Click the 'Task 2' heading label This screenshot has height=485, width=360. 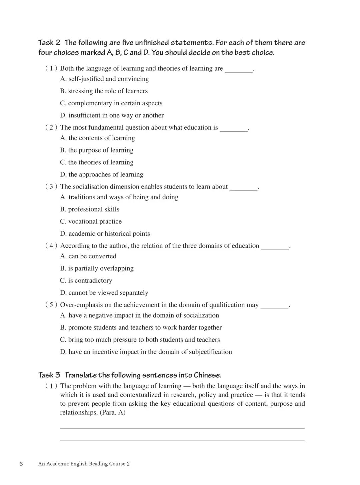pyautogui.click(x=49, y=43)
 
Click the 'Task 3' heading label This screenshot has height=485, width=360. pyautogui.click(x=49, y=375)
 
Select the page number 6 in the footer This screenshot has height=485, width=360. pyautogui.click(x=21, y=464)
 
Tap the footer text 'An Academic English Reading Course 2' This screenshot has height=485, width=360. pyautogui.click(x=84, y=464)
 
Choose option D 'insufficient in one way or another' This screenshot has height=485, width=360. pyautogui.click(x=112, y=115)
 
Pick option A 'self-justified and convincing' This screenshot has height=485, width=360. pyautogui.click(x=105, y=79)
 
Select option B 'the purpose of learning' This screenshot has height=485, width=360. pyautogui.click(x=97, y=150)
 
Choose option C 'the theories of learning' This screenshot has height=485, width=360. pyautogui.click(x=97, y=162)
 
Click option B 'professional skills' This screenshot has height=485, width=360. pyautogui.click(x=90, y=209)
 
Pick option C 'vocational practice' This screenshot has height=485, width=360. pyautogui.click(x=91, y=222)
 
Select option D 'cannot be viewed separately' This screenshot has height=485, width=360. pyautogui.click(x=104, y=293)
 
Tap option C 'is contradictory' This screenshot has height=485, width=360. pyautogui.click(x=86, y=281)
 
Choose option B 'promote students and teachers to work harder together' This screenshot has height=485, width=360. pyautogui.click(x=141, y=328)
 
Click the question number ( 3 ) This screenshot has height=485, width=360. pyautogui.click(x=51, y=187)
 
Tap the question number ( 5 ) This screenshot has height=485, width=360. pyautogui.click(x=51, y=305)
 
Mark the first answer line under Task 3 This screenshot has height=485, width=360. pyautogui.click(x=182, y=428)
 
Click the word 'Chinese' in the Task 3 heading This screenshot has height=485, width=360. pyautogui.click(x=207, y=375)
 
